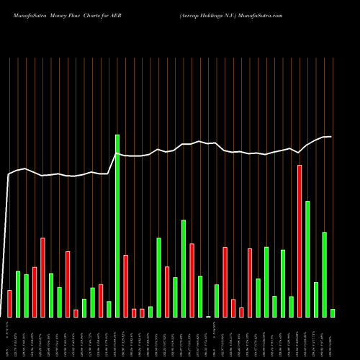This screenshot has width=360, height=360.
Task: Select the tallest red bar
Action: click(x=300, y=240)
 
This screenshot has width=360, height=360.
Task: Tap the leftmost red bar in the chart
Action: click(x=9, y=303)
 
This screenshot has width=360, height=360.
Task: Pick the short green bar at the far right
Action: click(x=333, y=312)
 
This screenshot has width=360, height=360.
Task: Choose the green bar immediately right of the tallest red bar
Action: click(x=308, y=258)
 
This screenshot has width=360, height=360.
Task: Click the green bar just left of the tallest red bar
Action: click(x=292, y=306)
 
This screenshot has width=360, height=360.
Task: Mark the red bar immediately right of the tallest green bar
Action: click(x=125, y=286)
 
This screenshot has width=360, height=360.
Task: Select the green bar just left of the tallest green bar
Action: click(x=109, y=309)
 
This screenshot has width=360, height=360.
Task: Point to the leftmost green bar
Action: click(x=18, y=294)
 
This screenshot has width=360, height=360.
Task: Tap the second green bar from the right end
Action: click(x=325, y=274)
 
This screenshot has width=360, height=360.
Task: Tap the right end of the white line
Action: click(x=331, y=137)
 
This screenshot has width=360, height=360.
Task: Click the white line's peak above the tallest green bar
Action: click(x=117, y=154)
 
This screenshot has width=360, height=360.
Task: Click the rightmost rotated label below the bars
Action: click(x=333, y=337)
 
